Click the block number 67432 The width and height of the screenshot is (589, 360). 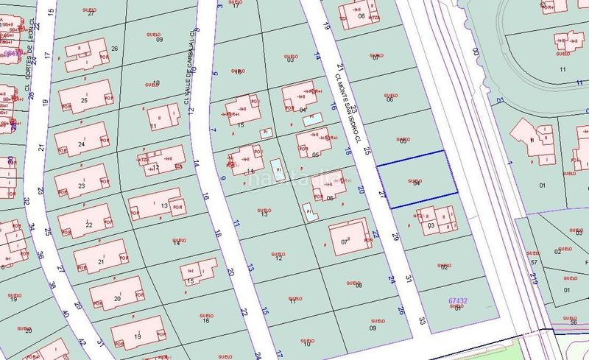(x=458, y=300)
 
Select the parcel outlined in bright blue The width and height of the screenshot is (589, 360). (x=417, y=179)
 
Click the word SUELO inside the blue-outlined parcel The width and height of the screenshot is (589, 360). (x=415, y=180)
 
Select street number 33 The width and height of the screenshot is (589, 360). (x=423, y=320)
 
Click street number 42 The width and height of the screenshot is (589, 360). (x=82, y=342)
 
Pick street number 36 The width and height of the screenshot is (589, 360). (x=40, y=255)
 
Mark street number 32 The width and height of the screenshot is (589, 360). (x=27, y=200)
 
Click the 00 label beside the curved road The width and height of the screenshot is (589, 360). (x=475, y=52)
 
